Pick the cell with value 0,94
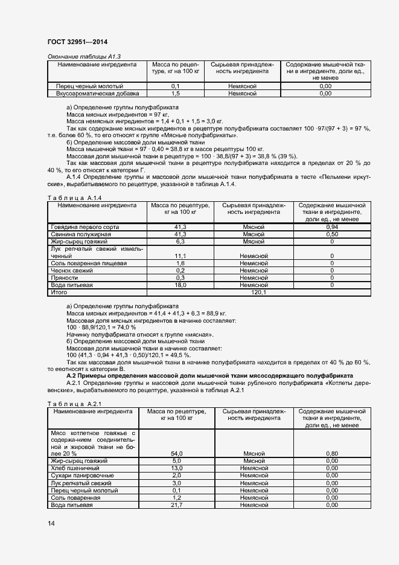click(x=332, y=227)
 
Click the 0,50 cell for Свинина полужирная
click(x=332, y=234)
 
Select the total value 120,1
click(x=258, y=292)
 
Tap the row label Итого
click(x=59, y=292)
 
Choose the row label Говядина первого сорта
click(x=85, y=227)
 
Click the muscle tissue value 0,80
click(x=332, y=453)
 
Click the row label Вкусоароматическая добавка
click(x=97, y=94)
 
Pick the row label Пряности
click(x=64, y=277)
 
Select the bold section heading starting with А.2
click(x=210, y=375)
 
